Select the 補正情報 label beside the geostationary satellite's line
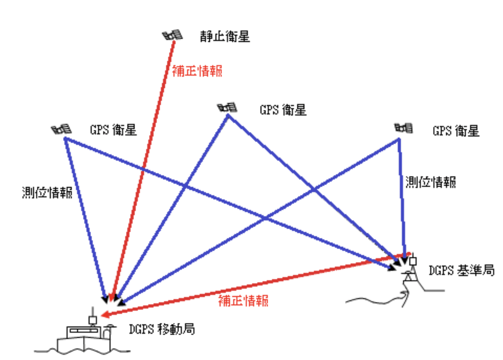[197, 70]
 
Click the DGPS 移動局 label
[162, 329]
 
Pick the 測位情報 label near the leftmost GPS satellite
[47, 193]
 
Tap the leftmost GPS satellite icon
[61, 129]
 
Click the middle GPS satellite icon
[227, 108]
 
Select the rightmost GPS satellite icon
[404, 128]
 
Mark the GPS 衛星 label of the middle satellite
[281, 110]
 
